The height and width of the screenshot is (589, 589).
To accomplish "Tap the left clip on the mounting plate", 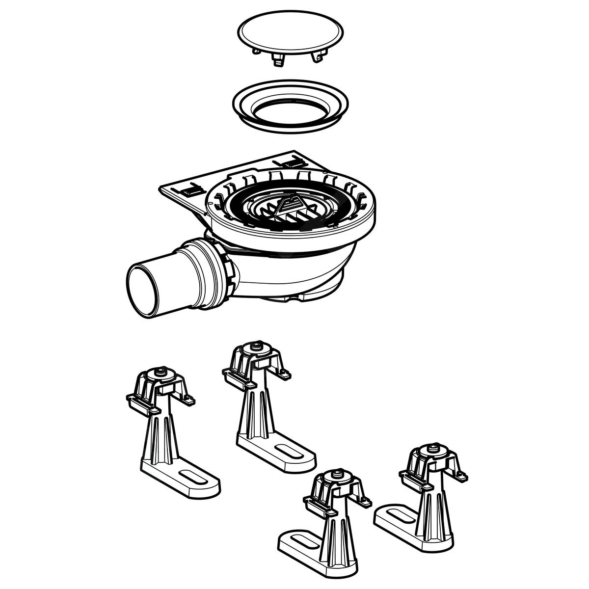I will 192,188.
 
